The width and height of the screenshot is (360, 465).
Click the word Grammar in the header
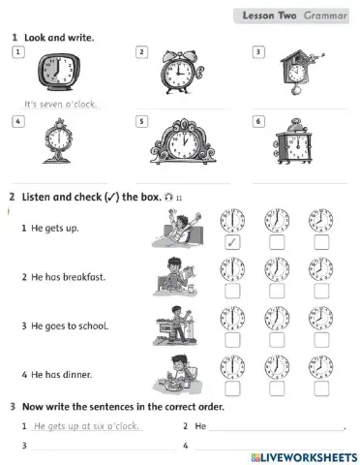pyautogui.click(x=325, y=15)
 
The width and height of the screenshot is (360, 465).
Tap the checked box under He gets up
pyautogui.click(x=232, y=242)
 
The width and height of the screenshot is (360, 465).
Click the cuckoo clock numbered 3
pyautogui.click(x=299, y=72)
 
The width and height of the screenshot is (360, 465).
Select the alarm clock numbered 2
pyautogui.click(x=182, y=72)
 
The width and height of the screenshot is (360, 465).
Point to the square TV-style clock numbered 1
pyautogui.click(x=59, y=72)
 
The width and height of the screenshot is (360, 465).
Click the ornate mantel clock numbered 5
pyautogui.click(x=183, y=141)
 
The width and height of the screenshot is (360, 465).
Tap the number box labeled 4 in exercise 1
pyautogui.click(x=18, y=121)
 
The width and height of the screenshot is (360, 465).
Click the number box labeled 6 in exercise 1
pyautogui.click(x=258, y=121)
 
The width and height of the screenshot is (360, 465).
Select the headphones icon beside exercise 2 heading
pyautogui.click(x=168, y=197)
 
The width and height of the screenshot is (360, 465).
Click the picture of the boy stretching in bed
pyautogui.click(x=177, y=229)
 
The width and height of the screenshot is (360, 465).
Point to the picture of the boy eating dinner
pyautogui.click(x=177, y=375)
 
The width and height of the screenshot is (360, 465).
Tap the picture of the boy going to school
pyautogui.click(x=175, y=325)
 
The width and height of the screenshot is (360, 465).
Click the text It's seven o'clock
pyautogui.click(x=60, y=104)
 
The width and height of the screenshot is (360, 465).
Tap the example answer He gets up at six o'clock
pyautogui.click(x=86, y=426)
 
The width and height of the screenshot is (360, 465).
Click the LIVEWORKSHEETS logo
pyautogui.click(x=304, y=457)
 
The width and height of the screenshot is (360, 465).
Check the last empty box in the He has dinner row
pyautogui.click(x=321, y=388)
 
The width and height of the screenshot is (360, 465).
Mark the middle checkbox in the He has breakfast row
pyautogui.click(x=277, y=291)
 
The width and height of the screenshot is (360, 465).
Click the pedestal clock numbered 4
pyautogui.click(x=58, y=141)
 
